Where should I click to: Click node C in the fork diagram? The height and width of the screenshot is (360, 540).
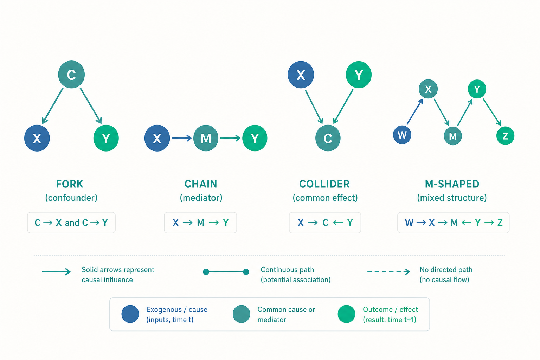71,74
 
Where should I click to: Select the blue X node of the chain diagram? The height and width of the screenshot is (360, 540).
157,138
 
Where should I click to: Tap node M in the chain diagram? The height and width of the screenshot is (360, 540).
206,138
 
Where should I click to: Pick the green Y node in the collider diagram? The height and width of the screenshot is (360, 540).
359,75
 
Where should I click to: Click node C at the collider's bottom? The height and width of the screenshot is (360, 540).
328,138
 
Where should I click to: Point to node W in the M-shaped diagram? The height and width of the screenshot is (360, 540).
402,135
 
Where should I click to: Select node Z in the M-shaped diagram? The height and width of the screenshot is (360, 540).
505,136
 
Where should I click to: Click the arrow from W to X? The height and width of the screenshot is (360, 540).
414,112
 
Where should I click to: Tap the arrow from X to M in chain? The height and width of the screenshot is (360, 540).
181,138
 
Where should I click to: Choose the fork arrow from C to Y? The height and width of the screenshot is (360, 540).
91,105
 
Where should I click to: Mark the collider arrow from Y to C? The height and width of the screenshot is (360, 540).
343,107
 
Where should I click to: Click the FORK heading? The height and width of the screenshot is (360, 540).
69,184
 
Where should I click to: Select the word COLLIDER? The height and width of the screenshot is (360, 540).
324,184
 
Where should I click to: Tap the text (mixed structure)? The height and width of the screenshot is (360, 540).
452,198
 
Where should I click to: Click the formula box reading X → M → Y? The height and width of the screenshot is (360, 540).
200,223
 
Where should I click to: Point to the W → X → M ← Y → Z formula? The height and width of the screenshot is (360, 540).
453,223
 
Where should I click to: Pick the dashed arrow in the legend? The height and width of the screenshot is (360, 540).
388,272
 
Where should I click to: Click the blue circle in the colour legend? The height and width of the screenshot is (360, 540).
130,314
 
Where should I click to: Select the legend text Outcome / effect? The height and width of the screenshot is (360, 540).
390,309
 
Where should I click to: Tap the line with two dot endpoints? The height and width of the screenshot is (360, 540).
226,272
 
